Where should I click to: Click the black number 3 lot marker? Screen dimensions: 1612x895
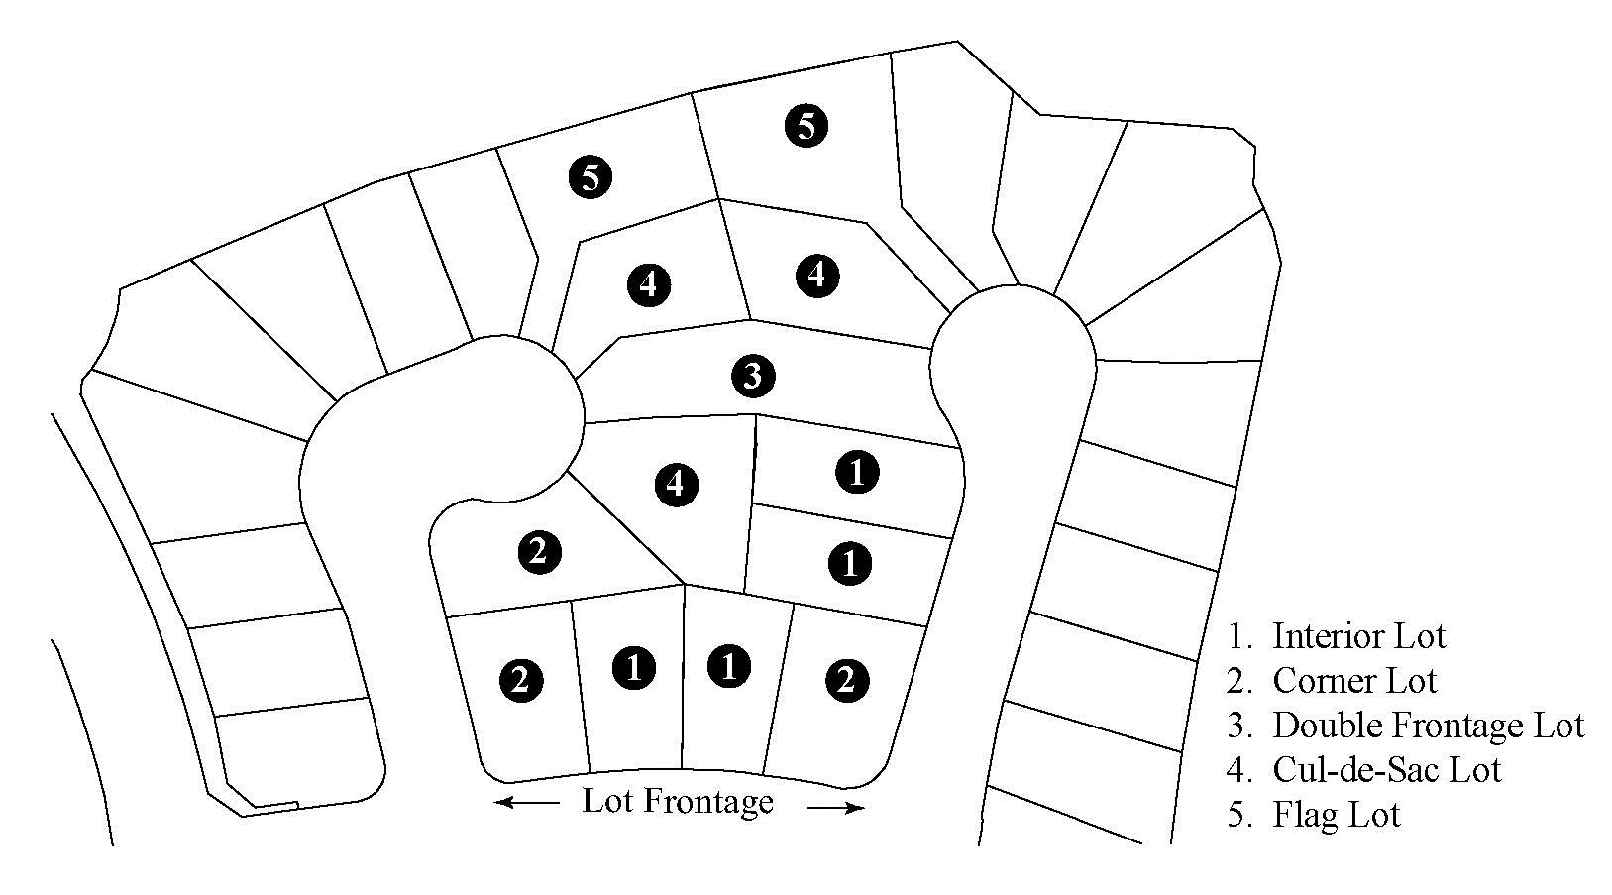tap(753, 375)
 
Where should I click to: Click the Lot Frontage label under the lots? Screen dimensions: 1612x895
tap(677, 802)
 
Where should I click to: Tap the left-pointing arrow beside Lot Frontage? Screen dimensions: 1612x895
tap(527, 802)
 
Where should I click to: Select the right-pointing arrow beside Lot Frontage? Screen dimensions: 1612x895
tap(835, 808)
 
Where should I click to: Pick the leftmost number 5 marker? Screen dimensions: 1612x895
tap(591, 177)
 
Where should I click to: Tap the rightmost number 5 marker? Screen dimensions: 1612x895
tap(806, 126)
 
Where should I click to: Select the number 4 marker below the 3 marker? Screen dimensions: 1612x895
tap(677, 484)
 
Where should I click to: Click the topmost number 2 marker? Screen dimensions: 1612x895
tap(539, 552)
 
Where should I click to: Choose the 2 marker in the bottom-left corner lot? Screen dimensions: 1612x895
tap(521, 680)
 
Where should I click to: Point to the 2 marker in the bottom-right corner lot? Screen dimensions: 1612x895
tap(847, 680)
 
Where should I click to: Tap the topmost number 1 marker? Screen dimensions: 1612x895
tap(857, 473)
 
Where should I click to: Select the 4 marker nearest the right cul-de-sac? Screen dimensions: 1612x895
tap(817, 276)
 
